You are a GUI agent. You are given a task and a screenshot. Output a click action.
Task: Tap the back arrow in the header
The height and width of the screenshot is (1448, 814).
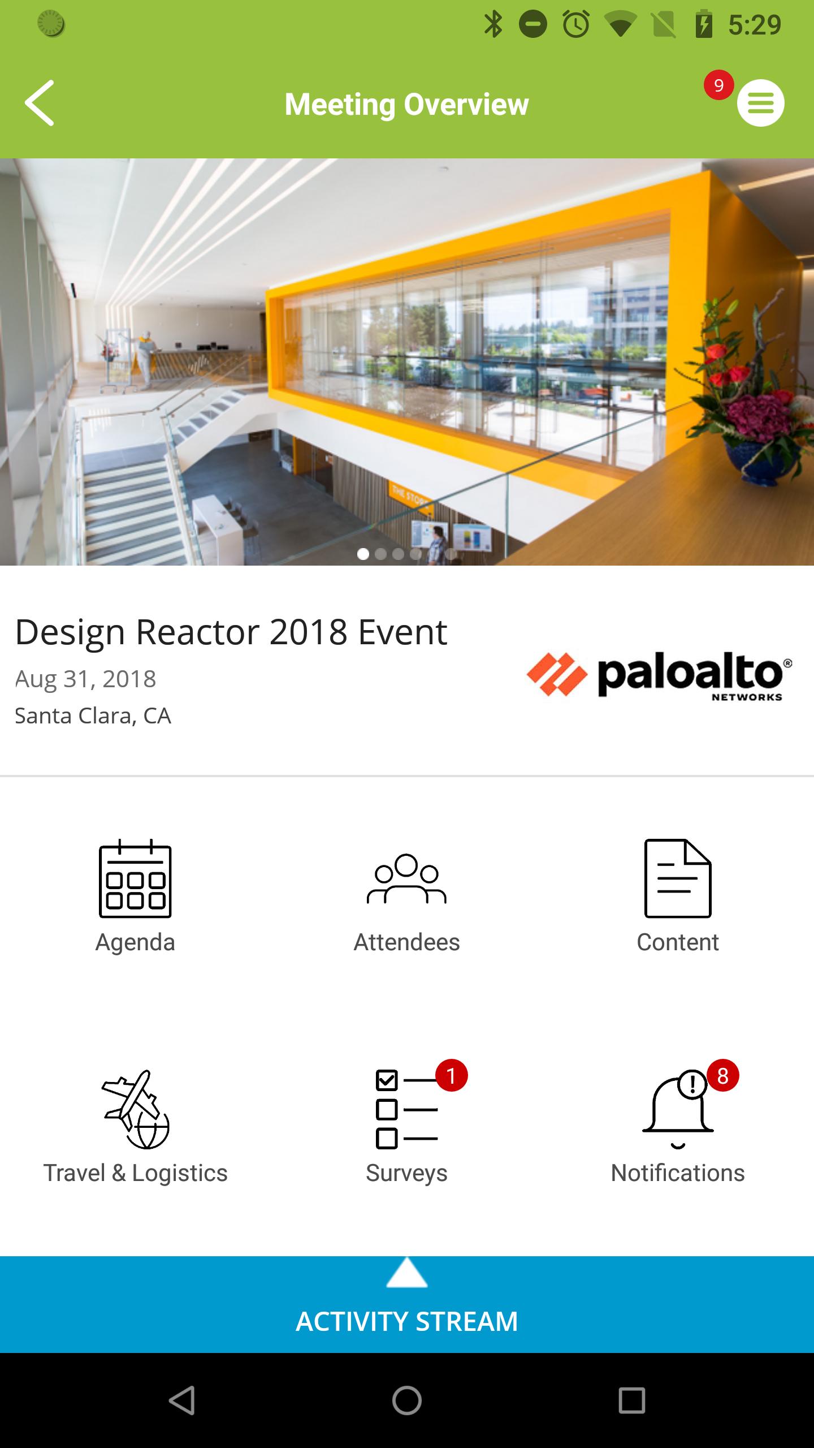(40, 103)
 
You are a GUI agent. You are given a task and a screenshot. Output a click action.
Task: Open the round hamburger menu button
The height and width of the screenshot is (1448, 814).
(760, 103)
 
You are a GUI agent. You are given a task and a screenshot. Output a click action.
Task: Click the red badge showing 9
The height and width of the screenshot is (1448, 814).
(718, 85)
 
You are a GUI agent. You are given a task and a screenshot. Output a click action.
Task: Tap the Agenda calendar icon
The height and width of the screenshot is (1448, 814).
(135, 878)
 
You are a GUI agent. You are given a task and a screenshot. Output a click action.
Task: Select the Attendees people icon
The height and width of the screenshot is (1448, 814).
(406, 878)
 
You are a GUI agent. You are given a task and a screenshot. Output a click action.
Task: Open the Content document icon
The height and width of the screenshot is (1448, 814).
(678, 878)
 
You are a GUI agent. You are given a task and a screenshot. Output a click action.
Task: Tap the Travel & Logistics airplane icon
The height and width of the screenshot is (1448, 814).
(136, 1109)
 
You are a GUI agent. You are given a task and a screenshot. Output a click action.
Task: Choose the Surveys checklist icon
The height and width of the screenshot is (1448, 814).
(406, 1109)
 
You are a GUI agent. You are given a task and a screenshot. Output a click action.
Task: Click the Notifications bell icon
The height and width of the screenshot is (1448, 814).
(678, 1109)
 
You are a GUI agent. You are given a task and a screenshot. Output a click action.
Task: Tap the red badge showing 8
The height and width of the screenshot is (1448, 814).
(722, 1075)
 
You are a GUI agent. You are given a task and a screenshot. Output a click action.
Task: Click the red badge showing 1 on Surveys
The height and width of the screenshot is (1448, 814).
(451, 1075)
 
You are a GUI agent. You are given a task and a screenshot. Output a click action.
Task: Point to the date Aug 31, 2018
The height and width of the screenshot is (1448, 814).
(85, 679)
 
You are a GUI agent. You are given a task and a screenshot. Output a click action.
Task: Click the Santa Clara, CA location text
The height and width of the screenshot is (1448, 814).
(93, 716)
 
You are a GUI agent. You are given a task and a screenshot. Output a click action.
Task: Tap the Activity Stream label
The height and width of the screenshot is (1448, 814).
(407, 1321)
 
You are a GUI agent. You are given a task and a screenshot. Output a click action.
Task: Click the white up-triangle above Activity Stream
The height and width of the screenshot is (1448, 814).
(407, 1273)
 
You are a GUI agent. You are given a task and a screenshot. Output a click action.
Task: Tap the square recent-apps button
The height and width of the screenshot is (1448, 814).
(632, 1400)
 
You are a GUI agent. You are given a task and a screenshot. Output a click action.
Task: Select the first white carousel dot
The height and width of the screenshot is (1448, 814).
(363, 554)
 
